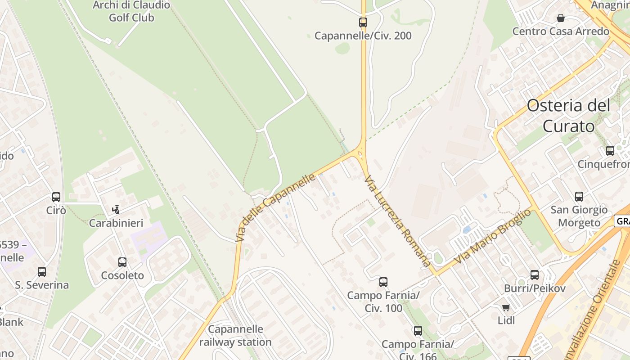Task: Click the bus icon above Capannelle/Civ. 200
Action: point(363,22)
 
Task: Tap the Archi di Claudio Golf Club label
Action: point(131,12)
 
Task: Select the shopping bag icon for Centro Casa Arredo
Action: point(561,18)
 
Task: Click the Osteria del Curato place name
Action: point(569,116)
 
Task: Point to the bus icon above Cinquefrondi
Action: point(610,150)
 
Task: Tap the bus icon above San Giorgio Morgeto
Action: point(579,196)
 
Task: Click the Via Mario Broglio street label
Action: point(492,237)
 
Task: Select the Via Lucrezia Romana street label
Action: point(397,220)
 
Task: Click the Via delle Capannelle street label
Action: point(275,207)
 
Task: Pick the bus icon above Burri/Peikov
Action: point(535,274)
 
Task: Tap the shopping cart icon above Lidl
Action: point(506,307)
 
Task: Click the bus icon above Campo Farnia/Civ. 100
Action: point(383,282)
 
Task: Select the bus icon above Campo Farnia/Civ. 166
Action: point(418,331)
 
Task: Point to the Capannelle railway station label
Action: point(235,336)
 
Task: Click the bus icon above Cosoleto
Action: point(122,262)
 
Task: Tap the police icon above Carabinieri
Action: point(116,209)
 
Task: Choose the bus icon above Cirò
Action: point(56,197)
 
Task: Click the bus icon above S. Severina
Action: point(42,271)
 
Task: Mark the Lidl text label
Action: point(506,320)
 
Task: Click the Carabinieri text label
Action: point(116,223)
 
